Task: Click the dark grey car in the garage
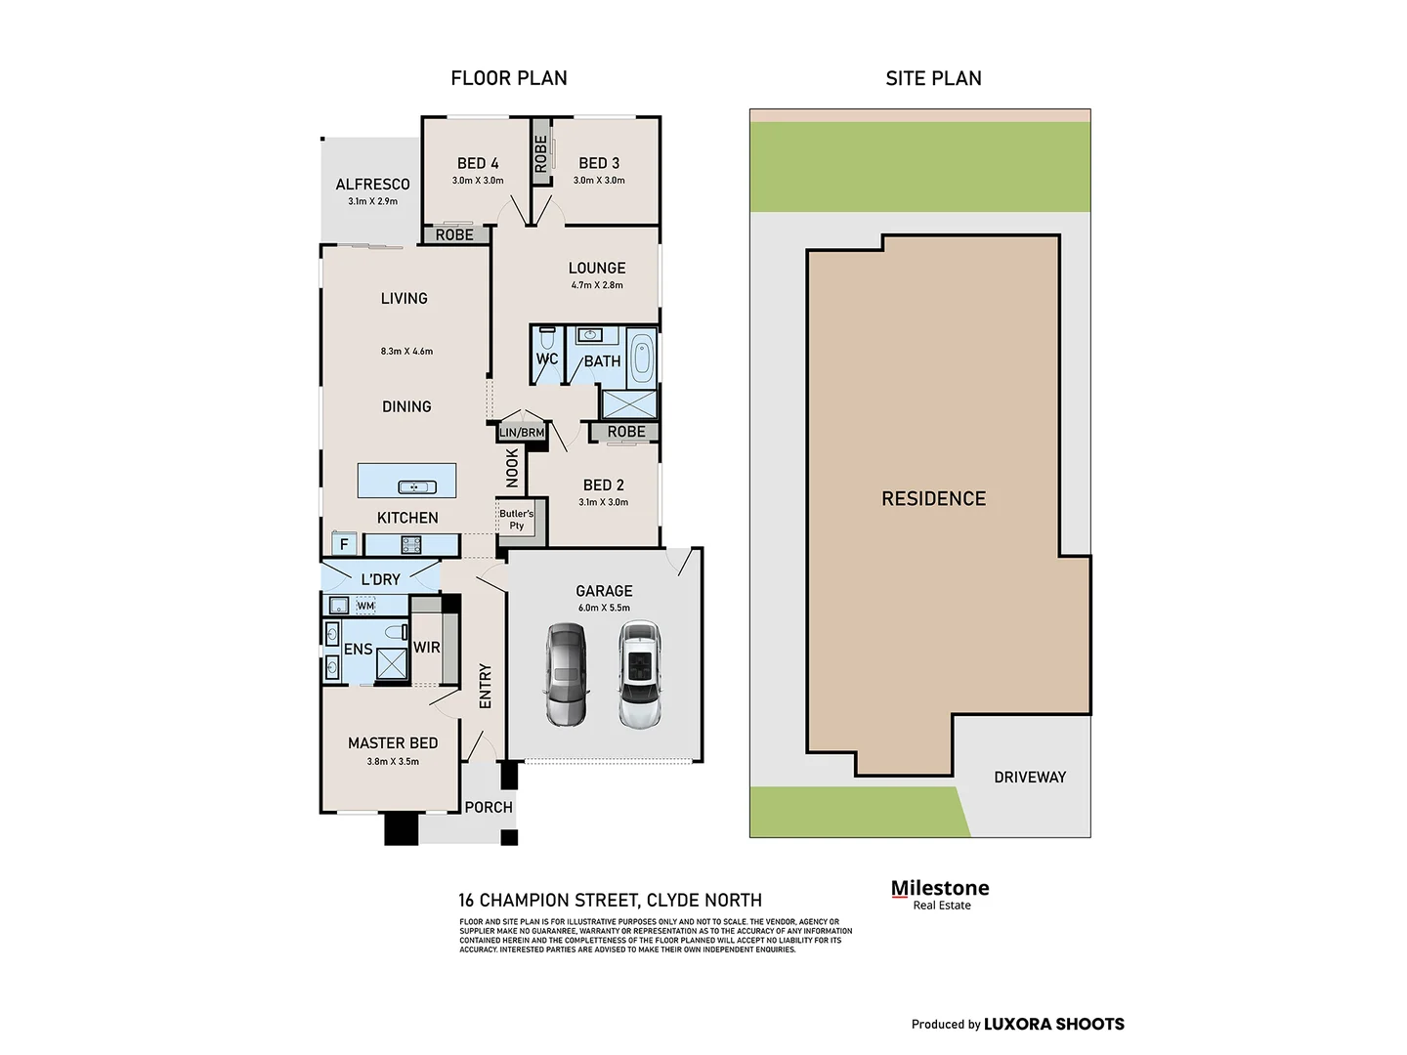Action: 566,675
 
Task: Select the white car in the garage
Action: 639,676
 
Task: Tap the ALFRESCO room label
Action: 372,185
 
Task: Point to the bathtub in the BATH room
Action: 641,359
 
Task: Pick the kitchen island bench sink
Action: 410,486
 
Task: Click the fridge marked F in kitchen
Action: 343,544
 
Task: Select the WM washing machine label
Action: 365,606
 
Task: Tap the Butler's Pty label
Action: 516,520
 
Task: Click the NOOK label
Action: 512,468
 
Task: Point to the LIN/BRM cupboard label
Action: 522,433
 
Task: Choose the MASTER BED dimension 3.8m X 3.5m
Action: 393,762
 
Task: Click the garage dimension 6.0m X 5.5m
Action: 604,608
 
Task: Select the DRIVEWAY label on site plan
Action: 1030,778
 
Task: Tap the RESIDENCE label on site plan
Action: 933,499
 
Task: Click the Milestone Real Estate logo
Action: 940,894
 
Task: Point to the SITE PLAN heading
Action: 933,78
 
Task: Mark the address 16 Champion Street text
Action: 610,901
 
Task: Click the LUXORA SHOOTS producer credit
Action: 1053,1024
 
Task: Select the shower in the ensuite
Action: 392,663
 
